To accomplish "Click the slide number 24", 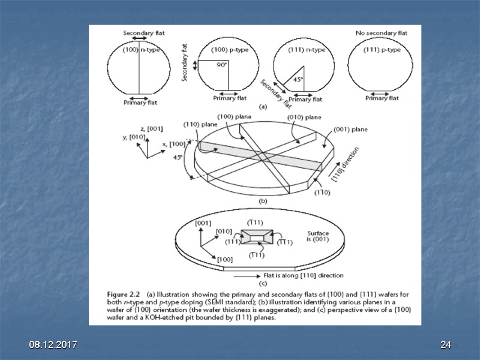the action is coord(445,345).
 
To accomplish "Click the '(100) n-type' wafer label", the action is coord(140,50).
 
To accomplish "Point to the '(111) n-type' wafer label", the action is coord(307,50).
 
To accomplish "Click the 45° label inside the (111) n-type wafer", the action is coord(298,79).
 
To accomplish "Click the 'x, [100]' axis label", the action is coord(173,145).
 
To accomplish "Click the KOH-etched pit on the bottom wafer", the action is coord(253,238).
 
